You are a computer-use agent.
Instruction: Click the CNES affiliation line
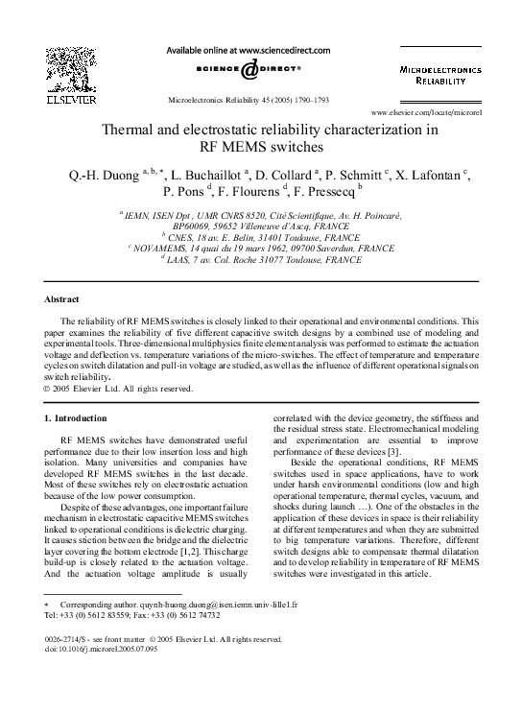tap(261, 235)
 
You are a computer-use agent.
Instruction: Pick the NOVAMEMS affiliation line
tap(261, 247)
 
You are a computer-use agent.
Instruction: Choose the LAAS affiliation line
tap(261, 258)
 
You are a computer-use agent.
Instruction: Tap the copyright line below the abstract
tap(119, 389)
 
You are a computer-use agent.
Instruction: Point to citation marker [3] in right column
tap(382, 476)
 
